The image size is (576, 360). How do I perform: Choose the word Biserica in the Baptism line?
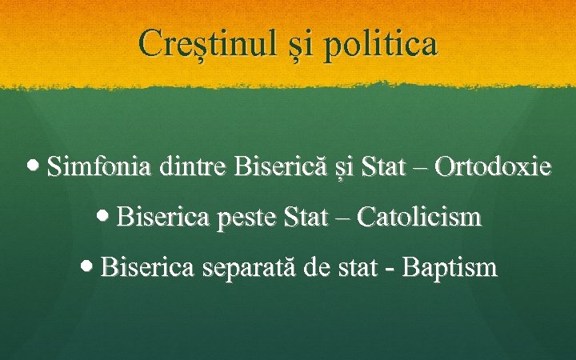147,266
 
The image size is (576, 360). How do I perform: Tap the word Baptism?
450,266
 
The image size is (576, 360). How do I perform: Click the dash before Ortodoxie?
422,169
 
